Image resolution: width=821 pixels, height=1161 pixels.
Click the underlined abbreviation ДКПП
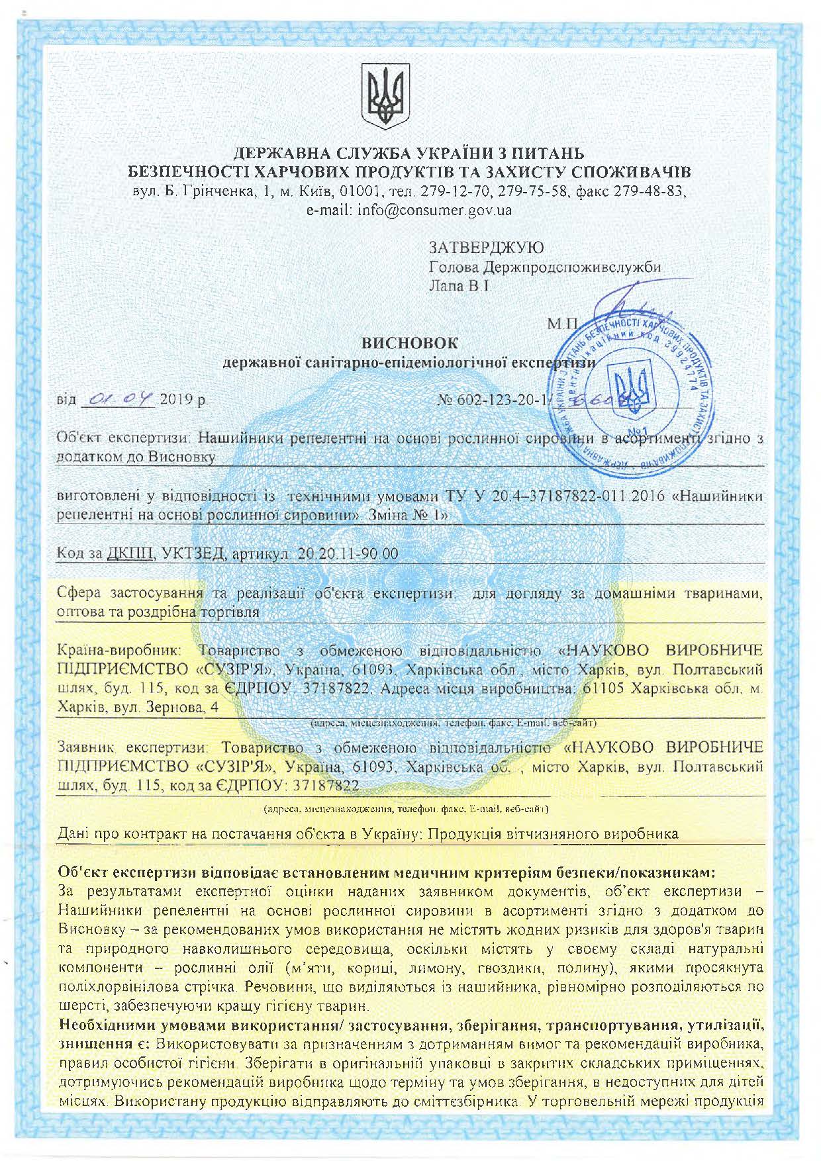[130, 553]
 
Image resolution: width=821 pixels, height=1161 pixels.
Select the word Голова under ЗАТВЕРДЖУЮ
[454, 267]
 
